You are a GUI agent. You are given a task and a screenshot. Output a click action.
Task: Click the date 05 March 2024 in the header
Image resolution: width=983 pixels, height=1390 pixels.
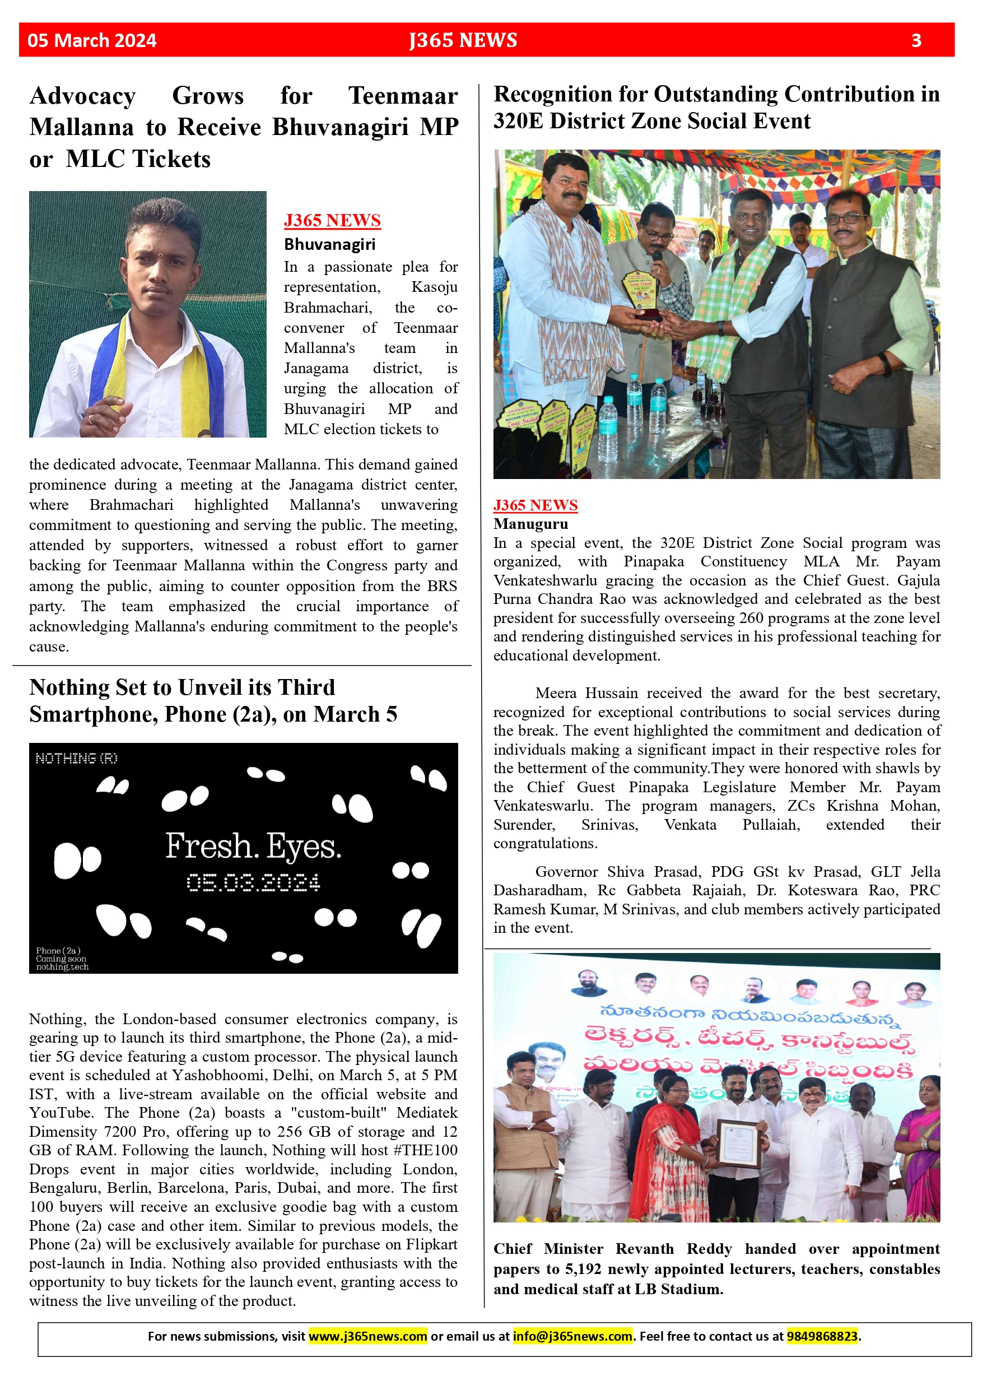(x=91, y=40)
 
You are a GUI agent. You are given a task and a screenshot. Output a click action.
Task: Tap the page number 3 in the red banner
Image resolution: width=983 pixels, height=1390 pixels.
(x=916, y=40)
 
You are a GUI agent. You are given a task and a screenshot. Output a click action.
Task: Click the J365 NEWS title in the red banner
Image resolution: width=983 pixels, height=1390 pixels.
(x=463, y=40)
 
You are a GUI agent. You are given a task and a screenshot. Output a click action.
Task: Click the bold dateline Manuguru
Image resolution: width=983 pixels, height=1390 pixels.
(x=530, y=524)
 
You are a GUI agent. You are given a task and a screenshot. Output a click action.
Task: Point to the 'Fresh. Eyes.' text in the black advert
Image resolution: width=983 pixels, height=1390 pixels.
(x=253, y=846)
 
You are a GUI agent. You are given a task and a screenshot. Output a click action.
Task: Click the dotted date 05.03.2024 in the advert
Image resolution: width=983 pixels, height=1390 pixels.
(x=253, y=882)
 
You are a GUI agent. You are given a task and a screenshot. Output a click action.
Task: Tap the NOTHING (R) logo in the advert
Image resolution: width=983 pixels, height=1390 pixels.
(x=76, y=758)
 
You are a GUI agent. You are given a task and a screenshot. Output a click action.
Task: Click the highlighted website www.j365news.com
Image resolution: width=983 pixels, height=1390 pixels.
(x=367, y=1336)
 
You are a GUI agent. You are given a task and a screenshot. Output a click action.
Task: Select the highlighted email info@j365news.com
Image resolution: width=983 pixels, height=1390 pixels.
(x=572, y=1336)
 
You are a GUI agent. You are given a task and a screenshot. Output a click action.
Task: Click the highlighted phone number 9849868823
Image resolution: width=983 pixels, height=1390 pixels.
(x=822, y=1336)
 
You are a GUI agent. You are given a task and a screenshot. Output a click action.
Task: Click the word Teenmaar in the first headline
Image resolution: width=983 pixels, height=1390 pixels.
(x=403, y=96)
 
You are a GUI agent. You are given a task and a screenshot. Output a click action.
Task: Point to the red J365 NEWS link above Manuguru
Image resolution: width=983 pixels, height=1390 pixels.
(x=535, y=505)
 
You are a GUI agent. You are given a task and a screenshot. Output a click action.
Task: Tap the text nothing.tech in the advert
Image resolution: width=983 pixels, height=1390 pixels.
(x=62, y=967)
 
